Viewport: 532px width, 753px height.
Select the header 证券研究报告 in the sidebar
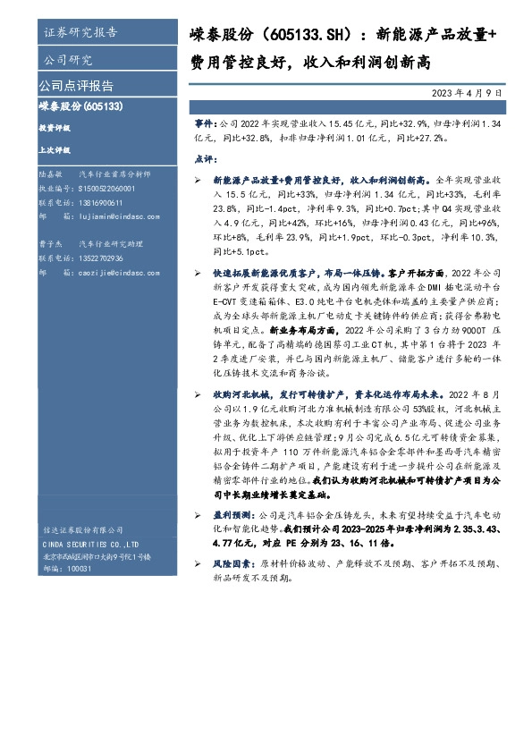(x=80, y=34)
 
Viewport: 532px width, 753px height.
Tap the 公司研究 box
(x=68, y=61)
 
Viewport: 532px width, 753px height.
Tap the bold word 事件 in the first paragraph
(x=205, y=118)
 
